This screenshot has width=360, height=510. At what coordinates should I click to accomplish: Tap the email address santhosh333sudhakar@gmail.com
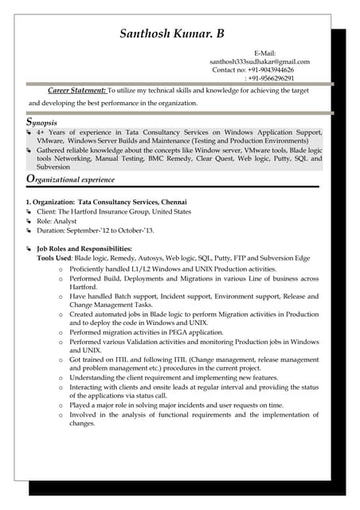click(x=260, y=61)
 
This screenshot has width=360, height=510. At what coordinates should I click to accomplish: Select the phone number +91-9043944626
click(x=270, y=70)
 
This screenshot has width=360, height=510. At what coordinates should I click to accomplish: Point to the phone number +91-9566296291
click(x=272, y=79)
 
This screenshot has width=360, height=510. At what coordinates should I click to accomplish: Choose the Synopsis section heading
click(x=41, y=124)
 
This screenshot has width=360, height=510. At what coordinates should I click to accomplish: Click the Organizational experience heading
click(x=70, y=179)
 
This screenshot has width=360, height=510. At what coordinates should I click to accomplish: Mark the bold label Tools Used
click(x=54, y=258)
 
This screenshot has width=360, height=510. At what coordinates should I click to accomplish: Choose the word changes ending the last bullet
click(x=82, y=424)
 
